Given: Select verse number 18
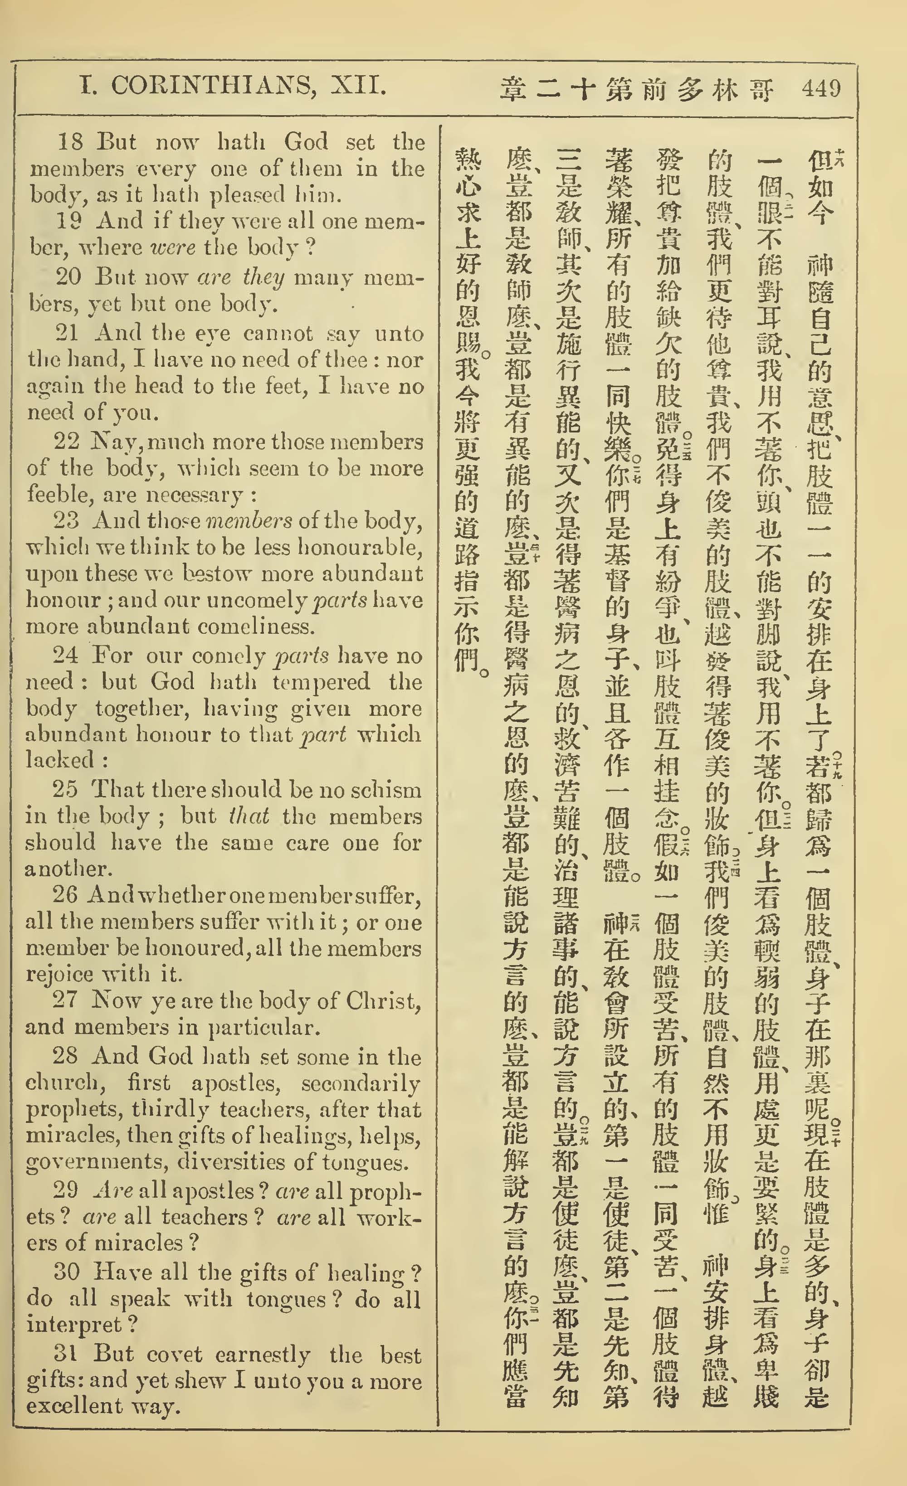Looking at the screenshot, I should tap(70, 142).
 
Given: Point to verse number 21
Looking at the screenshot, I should tap(68, 333).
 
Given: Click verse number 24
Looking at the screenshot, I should tap(65, 655).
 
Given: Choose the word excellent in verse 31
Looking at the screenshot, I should tap(73, 1406).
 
